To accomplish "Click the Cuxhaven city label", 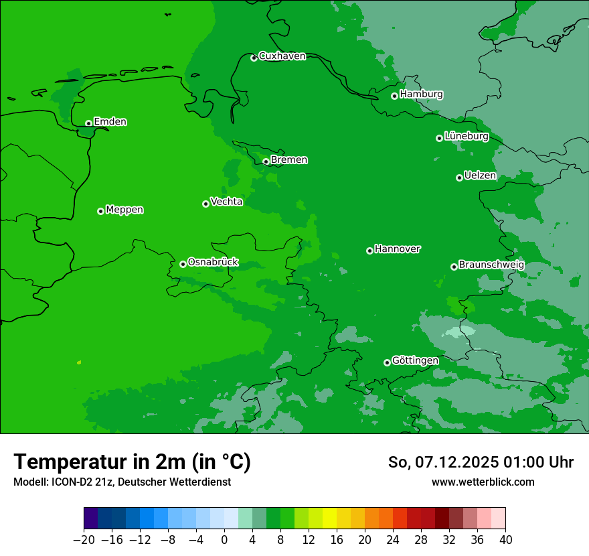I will point(282,56).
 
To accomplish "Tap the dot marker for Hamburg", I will point(395,96).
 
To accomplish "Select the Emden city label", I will point(110,121).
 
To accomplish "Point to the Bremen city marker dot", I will point(266,161).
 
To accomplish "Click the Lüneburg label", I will point(466,136).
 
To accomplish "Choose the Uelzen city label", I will point(480,176).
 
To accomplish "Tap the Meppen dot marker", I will point(100,211).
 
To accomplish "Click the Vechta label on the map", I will point(226,202).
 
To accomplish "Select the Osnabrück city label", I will point(213,262).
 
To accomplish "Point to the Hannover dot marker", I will point(369,251).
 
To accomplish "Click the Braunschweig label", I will point(491,265).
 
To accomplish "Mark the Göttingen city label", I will point(415,360).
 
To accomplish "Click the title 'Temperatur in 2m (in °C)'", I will point(132,462).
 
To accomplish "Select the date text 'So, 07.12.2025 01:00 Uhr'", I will point(481,462).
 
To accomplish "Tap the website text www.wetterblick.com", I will point(483,482).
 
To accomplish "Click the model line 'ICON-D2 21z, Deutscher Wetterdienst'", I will point(122,482).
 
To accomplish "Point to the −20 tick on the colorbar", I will point(84,539).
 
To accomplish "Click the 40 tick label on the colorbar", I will point(505,539).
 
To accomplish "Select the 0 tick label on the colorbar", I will point(224,539).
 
